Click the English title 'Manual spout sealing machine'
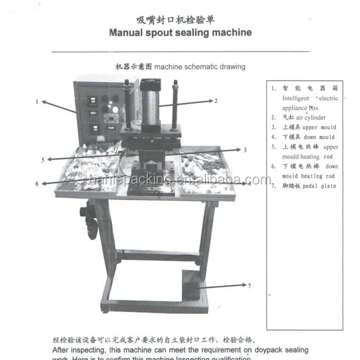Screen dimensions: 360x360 pos(180,32)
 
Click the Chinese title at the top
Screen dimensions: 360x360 pos(180,20)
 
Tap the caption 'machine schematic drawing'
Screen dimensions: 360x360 pos(200,67)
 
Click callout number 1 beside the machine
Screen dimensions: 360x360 pos(37,102)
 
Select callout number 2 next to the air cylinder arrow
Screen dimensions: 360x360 pos(215,101)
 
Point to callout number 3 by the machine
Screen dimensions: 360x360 pos(245,150)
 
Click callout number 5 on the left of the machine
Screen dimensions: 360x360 pos(43,160)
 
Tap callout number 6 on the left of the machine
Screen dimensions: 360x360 pos(37,183)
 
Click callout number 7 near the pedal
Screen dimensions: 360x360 pos(249,286)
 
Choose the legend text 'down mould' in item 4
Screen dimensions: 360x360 pos(318,137)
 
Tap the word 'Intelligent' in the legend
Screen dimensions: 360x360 pos(296,98)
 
